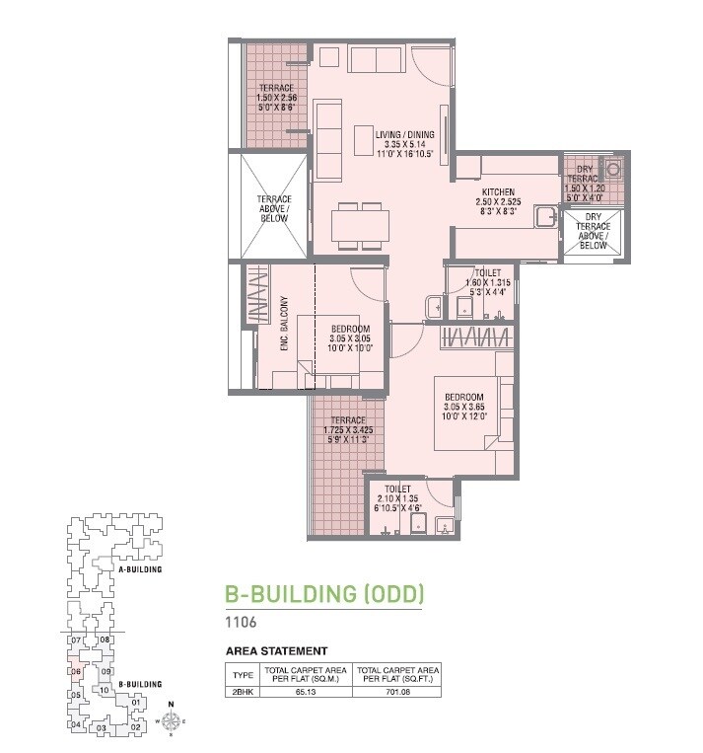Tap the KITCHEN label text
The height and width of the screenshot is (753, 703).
click(x=498, y=191)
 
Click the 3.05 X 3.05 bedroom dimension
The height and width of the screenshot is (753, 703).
click(x=349, y=339)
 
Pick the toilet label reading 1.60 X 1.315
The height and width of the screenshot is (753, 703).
click(x=488, y=281)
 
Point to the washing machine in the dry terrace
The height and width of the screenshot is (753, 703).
click(x=615, y=169)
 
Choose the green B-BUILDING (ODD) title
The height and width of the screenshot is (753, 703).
click(x=323, y=594)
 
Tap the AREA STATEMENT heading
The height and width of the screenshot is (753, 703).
click(x=276, y=651)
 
